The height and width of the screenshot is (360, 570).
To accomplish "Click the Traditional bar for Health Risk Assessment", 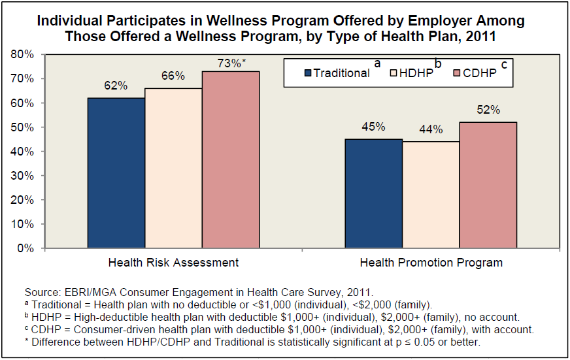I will [116, 173].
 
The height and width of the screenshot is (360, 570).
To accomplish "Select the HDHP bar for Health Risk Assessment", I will [173, 168].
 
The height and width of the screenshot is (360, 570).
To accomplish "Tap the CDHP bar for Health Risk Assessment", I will [231, 159].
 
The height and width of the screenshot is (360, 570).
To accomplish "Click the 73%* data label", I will [232, 63].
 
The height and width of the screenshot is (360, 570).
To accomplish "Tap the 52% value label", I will [488, 110].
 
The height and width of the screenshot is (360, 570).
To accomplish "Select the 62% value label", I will [116, 86].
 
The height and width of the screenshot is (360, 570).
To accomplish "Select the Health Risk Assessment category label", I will [173, 263].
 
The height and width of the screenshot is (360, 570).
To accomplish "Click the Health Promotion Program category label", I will [431, 263].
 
